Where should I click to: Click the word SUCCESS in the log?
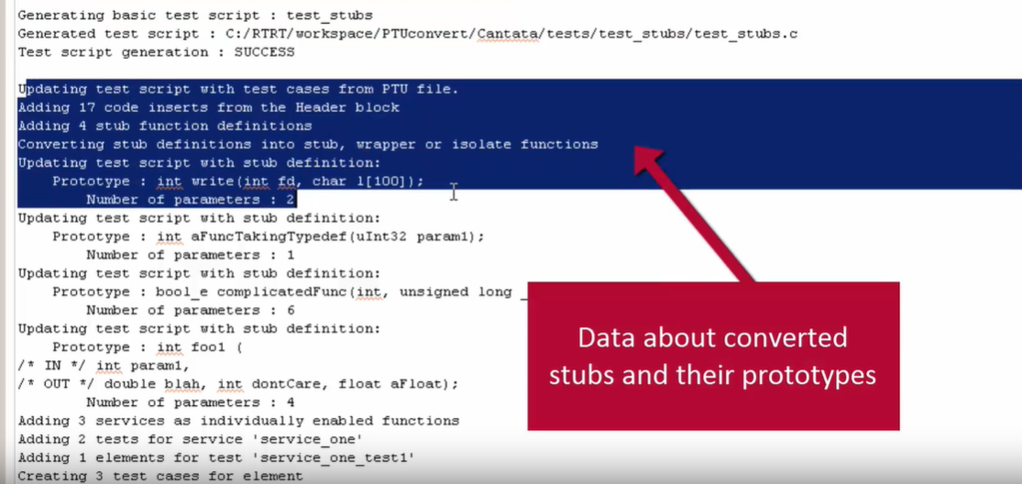click(x=265, y=52)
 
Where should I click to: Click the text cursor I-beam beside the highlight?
click(x=453, y=191)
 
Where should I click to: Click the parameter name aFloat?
click(x=420, y=384)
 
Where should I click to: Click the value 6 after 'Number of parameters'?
click(x=291, y=310)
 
